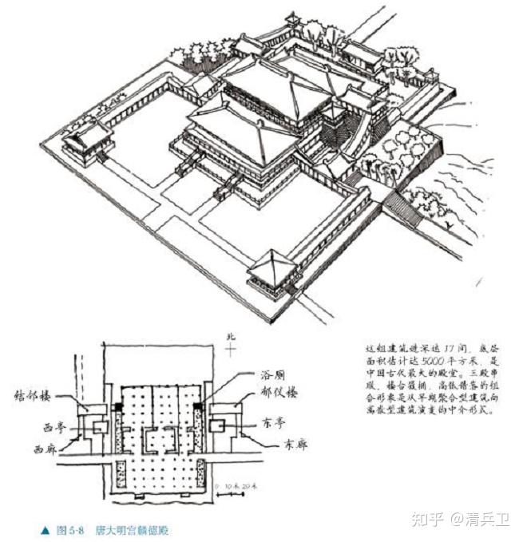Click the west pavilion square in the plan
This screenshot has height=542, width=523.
[100, 427]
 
